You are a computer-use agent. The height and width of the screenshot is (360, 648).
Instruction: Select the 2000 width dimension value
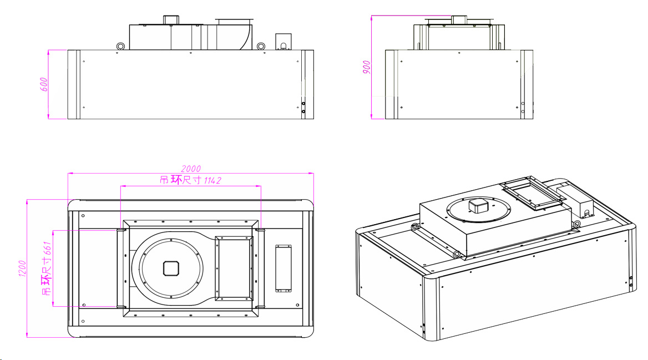click(191, 169)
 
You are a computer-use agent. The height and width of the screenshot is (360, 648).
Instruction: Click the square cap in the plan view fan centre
click(171, 268)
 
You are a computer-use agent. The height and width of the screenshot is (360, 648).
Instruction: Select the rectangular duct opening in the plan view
click(234, 268)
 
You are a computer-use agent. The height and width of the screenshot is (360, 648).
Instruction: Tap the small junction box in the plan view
click(283, 268)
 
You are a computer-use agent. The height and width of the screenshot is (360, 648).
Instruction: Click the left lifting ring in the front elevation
click(120, 46)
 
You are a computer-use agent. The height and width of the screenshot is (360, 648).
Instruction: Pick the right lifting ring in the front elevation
click(261, 46)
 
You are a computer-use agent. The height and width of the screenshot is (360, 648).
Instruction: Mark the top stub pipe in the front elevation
click(169, 21)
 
